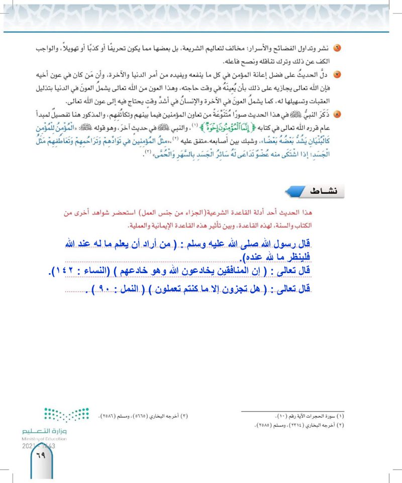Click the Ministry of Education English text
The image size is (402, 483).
pos(44,438)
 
